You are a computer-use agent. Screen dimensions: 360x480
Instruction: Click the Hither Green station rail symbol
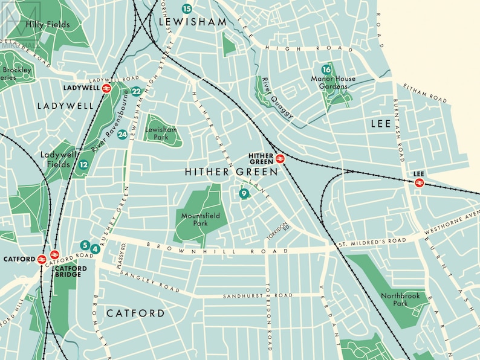[280, 159]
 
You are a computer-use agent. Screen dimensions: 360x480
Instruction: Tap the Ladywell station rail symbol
[106, 88]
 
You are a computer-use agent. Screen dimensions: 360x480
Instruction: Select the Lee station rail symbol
[419, 182]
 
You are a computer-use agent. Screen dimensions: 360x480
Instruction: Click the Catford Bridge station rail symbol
[54, 255]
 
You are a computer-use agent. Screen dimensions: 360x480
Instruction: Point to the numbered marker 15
[187, 8]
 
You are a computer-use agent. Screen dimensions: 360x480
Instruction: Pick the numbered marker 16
[326, 69]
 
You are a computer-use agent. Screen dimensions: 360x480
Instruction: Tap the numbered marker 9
[243, 194]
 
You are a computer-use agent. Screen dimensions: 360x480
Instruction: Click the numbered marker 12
[83, 164]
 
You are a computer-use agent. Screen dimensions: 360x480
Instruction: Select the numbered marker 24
[123, 135]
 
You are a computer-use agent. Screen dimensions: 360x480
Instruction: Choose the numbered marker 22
[136, 92]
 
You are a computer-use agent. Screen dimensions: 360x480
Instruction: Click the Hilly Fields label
[48, 25]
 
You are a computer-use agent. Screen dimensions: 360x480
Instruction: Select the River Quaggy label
[277, 98]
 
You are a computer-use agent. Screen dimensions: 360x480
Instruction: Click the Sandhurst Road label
[258, 296]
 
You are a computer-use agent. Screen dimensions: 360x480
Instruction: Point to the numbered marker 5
[85, 246]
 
